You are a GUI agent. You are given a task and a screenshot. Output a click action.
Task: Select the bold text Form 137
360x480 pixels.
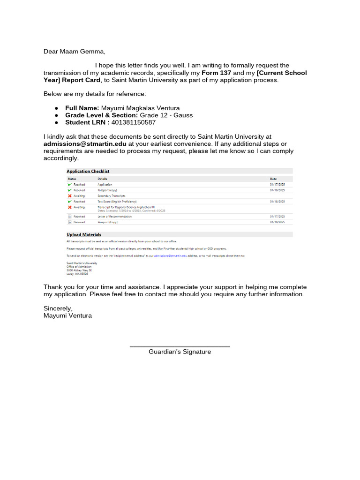tap(217, 73)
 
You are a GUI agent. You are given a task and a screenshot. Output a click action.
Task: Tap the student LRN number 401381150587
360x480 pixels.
tap(134, 122)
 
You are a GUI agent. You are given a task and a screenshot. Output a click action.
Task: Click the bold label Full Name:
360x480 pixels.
tap(82, 108)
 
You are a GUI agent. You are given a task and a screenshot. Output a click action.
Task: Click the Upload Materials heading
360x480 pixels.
tap(84, 234)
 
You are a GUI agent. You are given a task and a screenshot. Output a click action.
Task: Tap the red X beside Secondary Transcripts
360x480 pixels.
tap(70, 195)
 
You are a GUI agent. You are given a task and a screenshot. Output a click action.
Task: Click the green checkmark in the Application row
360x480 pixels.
tap(70, 185)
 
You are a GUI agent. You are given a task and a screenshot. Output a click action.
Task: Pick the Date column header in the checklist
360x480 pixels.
tap(273, 179)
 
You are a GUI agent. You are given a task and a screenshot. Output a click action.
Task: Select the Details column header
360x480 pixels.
tap(102, 179)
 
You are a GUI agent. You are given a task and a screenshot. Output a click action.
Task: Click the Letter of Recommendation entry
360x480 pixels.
tap(114, 217)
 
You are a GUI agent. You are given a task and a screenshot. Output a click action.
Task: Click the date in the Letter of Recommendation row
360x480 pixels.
tap(277, 217)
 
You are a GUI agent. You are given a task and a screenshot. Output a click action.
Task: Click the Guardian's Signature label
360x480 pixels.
tap(180, 352)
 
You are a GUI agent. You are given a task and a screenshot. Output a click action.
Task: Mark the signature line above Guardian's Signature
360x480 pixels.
tap(180, 346)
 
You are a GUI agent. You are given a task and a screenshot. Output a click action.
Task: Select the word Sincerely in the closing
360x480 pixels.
tap(58, 308)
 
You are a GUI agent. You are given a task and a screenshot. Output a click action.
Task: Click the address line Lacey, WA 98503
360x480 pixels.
tap(77, 274)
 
